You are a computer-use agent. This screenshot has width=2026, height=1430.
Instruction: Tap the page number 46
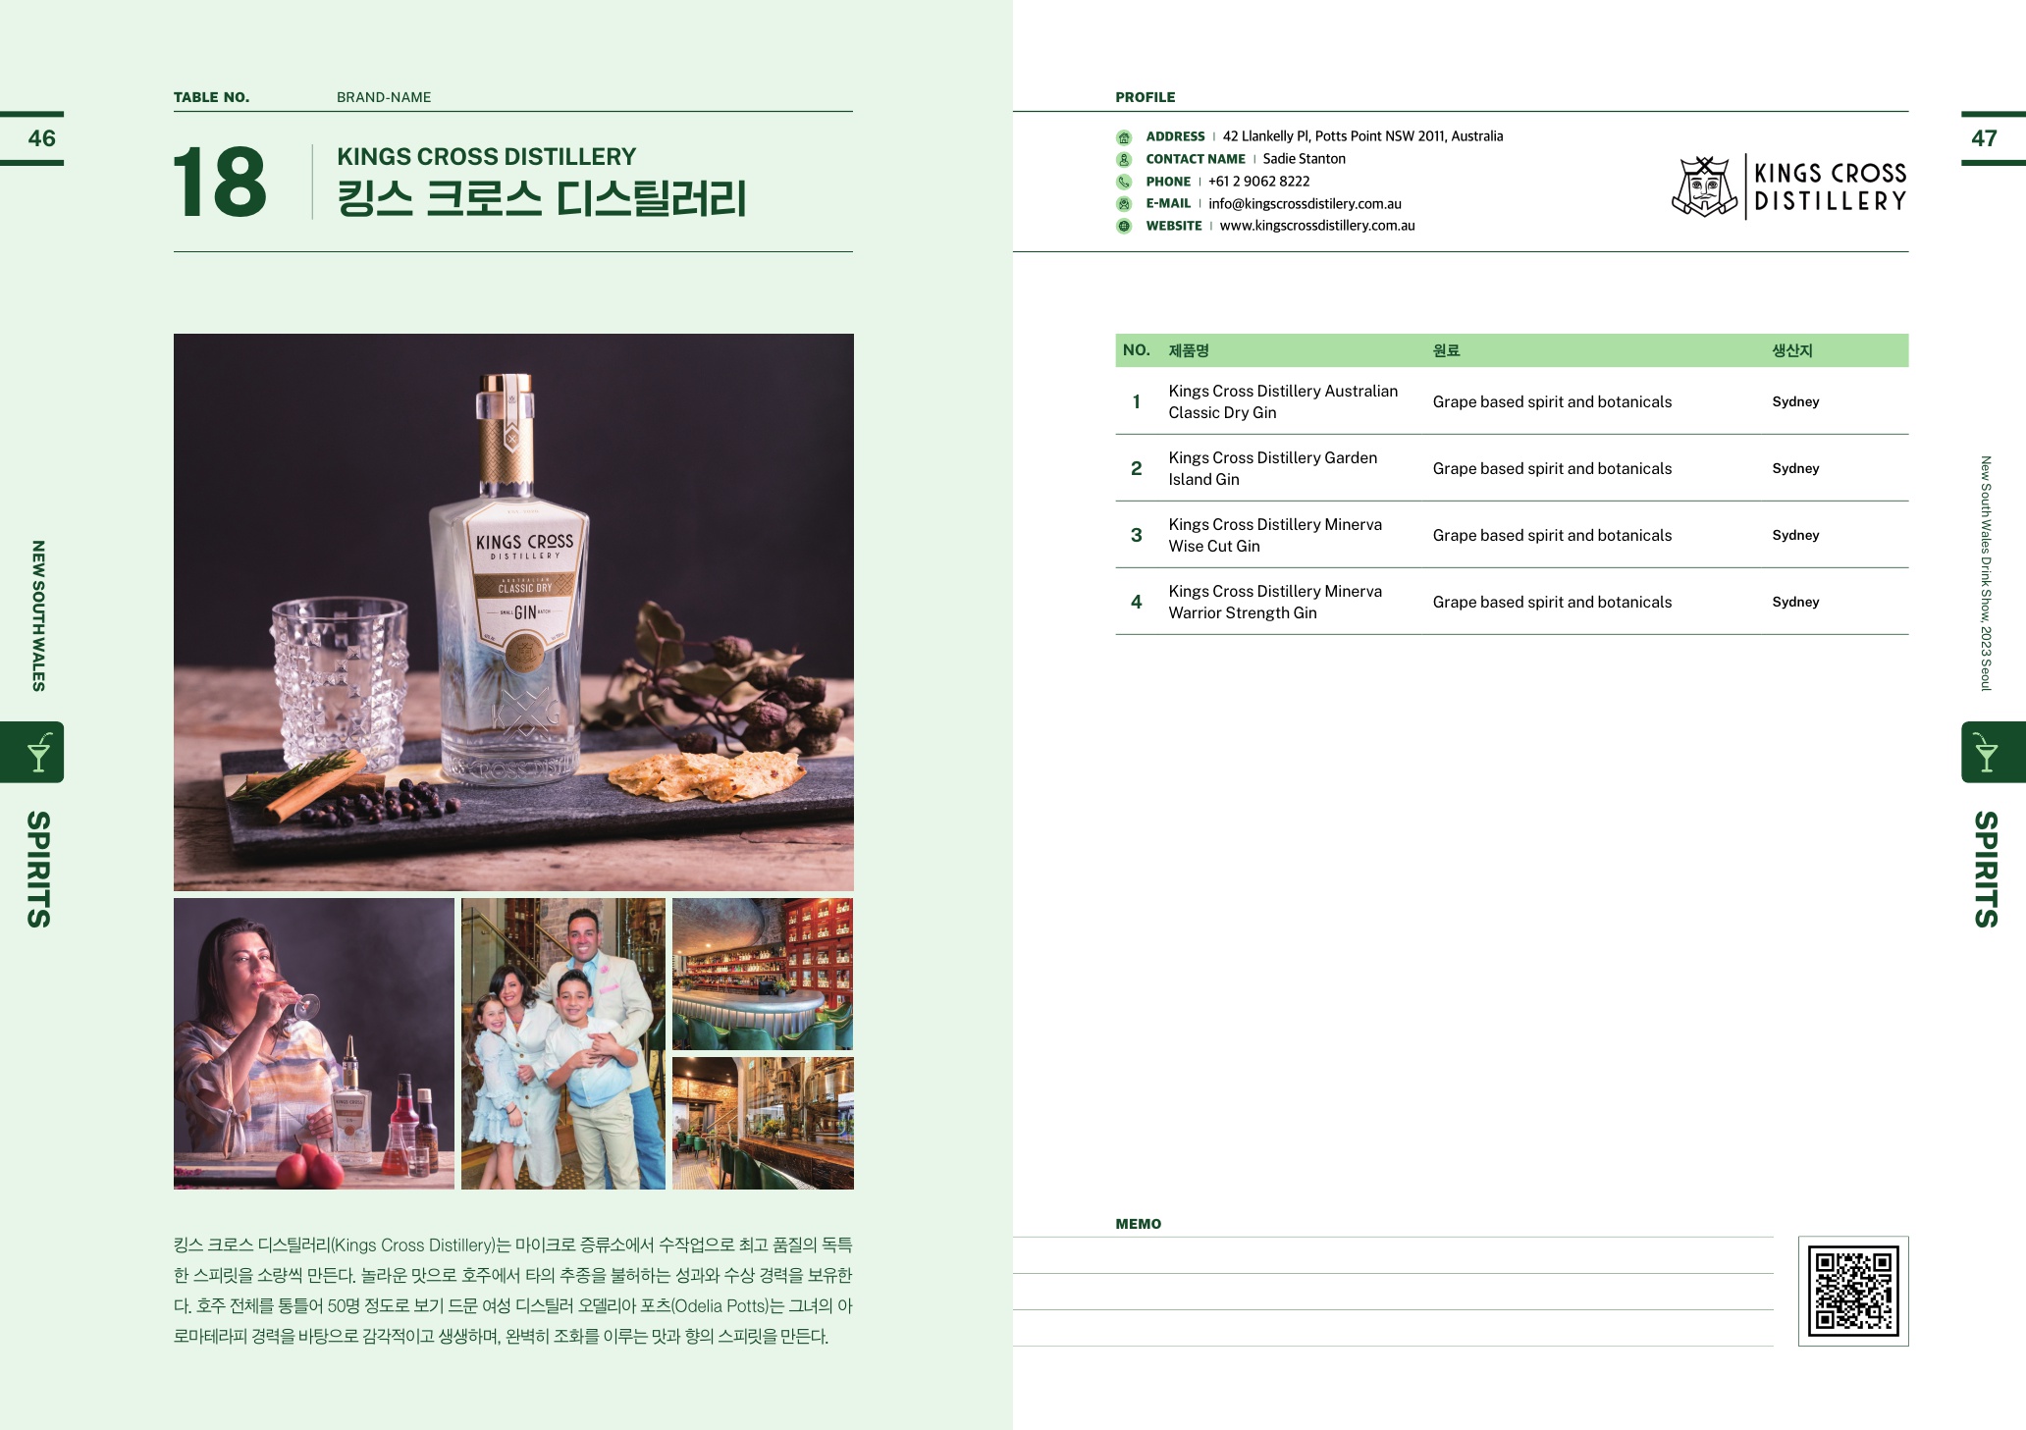(x=41, y=138)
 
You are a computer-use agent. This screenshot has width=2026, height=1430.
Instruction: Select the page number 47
(x=1984, y=138)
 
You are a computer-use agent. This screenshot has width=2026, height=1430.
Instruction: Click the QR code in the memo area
(x=1853, y=1291)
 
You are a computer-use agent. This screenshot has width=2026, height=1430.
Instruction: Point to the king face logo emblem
(x=1705, y=186)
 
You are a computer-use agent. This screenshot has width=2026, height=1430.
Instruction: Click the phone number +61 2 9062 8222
(x=1258, y=182)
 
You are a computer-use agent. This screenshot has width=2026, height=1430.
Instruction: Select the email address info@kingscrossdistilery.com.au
(x=1305, y=204)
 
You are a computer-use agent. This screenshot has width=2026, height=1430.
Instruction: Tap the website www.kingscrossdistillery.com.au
(x=1317, y=226)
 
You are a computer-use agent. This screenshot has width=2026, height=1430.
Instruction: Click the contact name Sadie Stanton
(x=1304, y=159)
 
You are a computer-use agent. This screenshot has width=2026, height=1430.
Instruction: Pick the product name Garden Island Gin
(x=1273, y=468)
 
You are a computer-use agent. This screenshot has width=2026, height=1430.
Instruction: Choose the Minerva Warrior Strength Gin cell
(x=1275, y=602)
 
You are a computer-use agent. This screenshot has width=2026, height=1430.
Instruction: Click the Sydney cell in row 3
(x=1795, y=535)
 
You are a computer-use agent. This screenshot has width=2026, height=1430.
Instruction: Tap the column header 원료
(x=1446, y=350)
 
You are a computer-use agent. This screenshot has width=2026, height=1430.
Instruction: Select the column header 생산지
(x=1791, y=350)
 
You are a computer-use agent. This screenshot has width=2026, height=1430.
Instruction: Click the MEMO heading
(x=1138, y=1224)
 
